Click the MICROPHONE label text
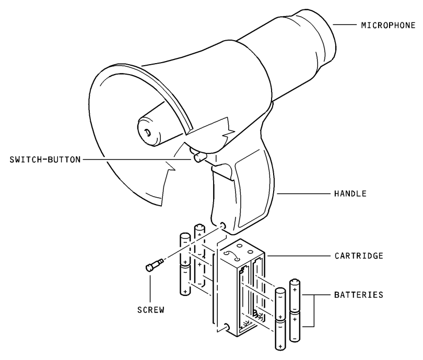pos(388,26)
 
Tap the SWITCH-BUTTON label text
pos(45,160)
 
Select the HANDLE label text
pos(350,194)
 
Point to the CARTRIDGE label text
pos(359,256)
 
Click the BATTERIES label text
pos(359,295)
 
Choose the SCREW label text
pos(151,310)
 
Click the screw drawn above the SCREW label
pos(154,265)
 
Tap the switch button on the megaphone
pos(199,157)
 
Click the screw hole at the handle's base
pos(223,225)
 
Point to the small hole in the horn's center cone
pos(148,133)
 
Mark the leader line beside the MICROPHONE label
pos(345,25)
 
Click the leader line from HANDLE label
pos(304,194)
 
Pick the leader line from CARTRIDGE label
pos(298,256)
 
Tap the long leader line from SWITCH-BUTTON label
pos(137,160)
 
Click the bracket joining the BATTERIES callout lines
pos(314,310)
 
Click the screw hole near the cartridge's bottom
pos(227,326)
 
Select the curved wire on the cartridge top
pos(231,255)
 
